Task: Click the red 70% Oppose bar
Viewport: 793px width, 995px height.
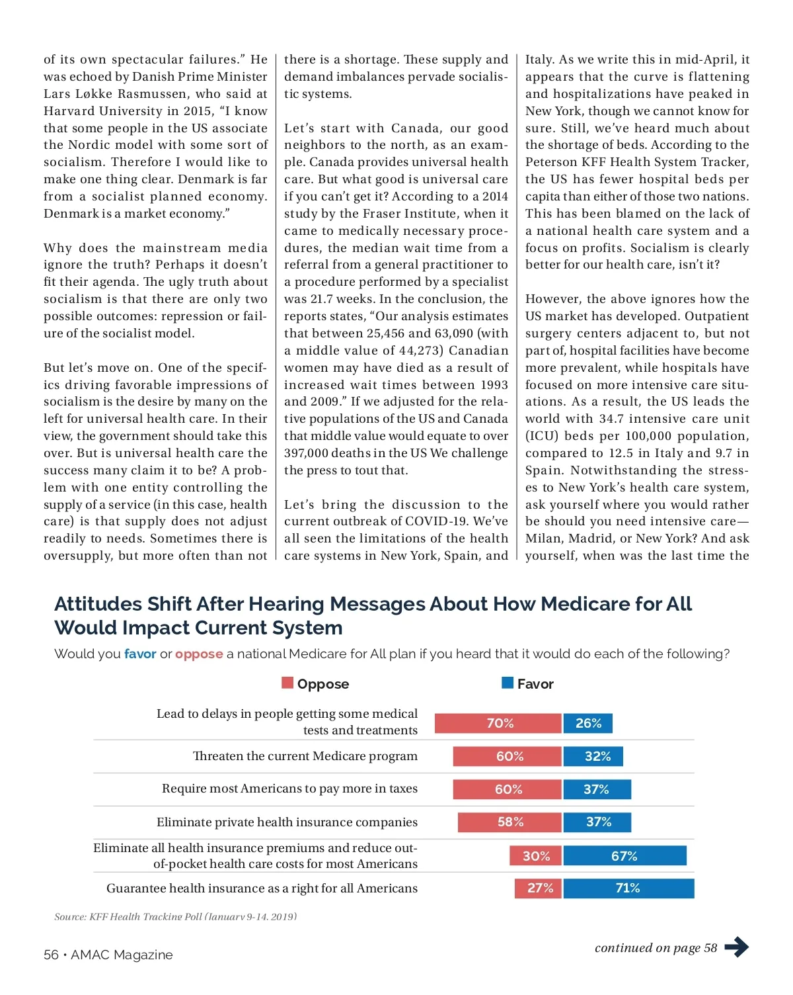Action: coord(498,723)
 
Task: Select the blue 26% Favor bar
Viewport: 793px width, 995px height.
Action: coord(587,723)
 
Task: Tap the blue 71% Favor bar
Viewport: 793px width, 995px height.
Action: coord(628,888)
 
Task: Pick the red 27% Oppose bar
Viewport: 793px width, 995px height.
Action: coord(538,888)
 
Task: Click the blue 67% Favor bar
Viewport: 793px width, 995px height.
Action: coord(624,855)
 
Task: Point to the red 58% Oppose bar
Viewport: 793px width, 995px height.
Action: coord(509,822)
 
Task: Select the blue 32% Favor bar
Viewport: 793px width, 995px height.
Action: coord(593,756)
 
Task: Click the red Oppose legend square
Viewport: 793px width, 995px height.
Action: coord(287,683)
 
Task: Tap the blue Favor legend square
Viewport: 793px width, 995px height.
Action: coord(508,683)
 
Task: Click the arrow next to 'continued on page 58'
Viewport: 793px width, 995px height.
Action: coord(736,947)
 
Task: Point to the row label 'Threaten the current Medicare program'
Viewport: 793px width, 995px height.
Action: coord(305,756)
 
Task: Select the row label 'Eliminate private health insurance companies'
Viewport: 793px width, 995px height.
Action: coord(287,822)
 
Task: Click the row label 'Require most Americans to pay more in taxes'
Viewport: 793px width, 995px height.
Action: coord(289,789)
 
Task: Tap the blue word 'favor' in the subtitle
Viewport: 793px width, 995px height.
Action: coord(140,654)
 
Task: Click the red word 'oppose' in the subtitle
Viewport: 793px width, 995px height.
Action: coord(199,654)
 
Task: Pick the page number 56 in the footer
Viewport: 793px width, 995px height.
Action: coord(51,955)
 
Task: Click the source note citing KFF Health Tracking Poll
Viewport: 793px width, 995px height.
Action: coord(175,917)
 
